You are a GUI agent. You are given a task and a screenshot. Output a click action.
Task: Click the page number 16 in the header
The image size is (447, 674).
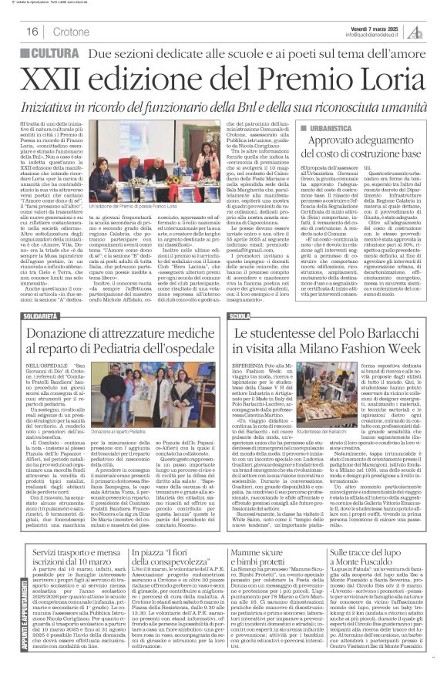tap(32, 32)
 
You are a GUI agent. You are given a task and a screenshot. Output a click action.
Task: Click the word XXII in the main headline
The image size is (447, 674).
tap(59, 78)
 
